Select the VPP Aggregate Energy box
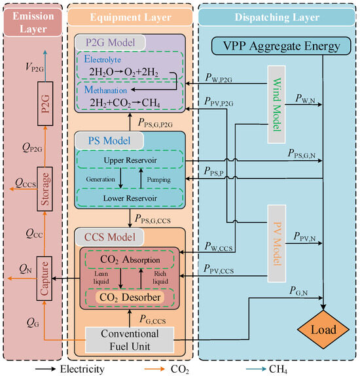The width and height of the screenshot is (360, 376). pyautogui.click(x=278, y=46)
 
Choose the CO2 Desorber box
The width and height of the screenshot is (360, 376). pyautogui.click(x=130, y=298)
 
